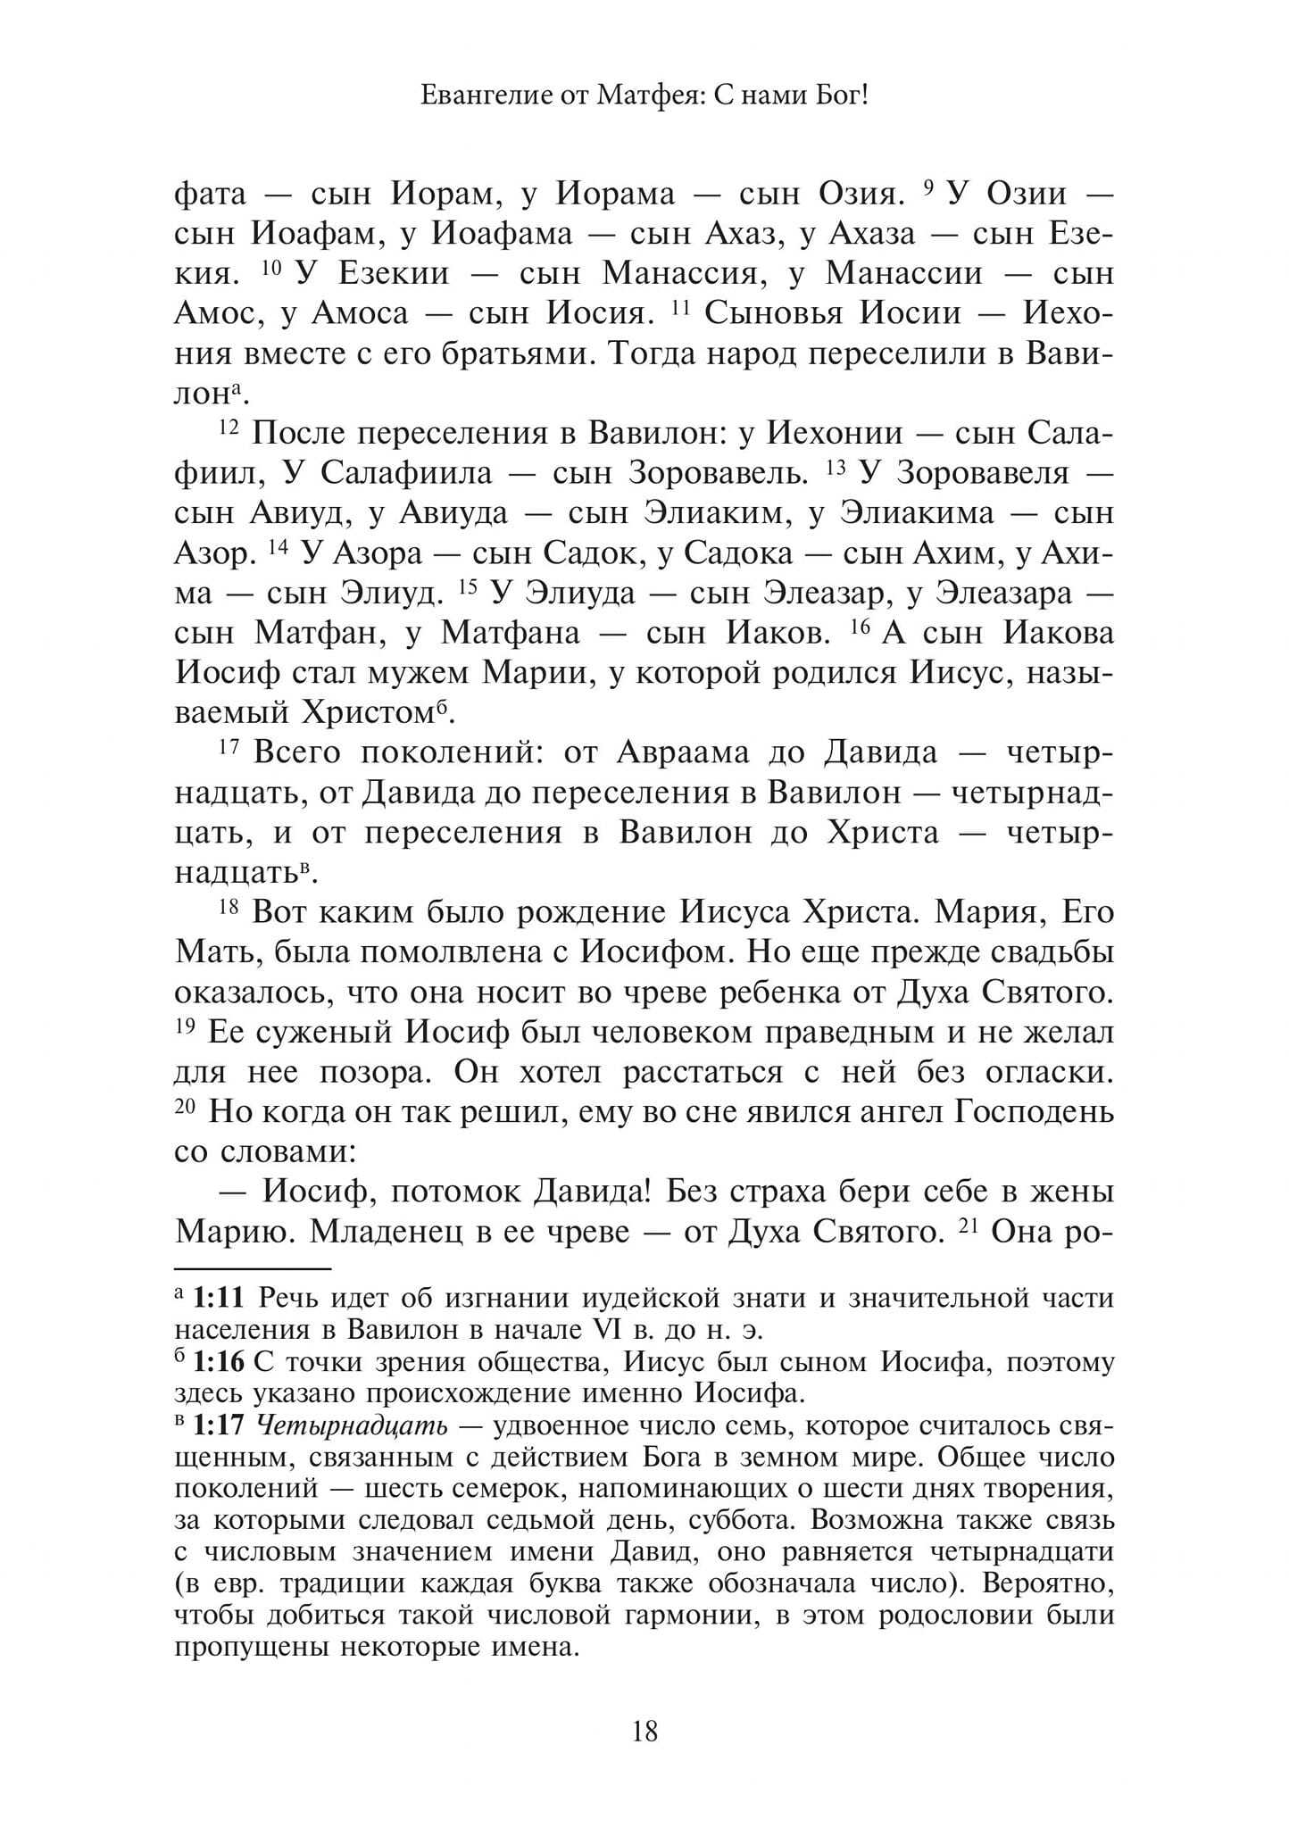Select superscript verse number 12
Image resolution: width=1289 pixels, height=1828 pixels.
(229, 427)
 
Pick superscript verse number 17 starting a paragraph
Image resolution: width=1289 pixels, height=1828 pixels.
(229, 746)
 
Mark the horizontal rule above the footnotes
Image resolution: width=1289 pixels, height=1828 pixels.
(253, 1267)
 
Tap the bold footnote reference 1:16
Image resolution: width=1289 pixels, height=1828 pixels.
(220, 1362)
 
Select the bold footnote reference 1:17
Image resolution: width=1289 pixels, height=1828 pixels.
(220, 1425)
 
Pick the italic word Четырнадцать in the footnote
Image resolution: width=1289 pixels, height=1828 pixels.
(352, 1426)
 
